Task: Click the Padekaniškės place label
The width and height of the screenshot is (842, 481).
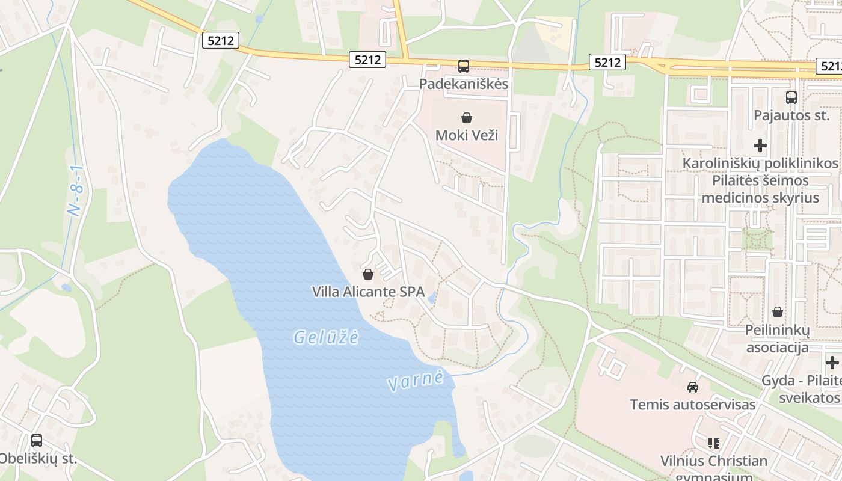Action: coord(464,84)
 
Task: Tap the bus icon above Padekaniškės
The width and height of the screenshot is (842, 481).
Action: coord(463,66)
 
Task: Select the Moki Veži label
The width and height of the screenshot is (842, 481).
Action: coord(467,135)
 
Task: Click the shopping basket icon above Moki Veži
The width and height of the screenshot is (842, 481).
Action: coord(466,118)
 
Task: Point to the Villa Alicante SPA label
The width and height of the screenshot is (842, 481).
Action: coord(368,292)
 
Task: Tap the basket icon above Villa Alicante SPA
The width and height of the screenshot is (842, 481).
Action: coord(368,274)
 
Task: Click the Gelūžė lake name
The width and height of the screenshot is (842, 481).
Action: coord(326,337)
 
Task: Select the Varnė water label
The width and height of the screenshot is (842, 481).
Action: coord(416,381)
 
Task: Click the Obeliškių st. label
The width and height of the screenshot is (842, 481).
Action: coord(37,458)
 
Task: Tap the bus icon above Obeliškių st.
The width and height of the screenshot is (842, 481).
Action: coord(37,441)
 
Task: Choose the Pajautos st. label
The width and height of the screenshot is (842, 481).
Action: coord(791,115)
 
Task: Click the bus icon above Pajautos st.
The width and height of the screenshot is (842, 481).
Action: coord(791,97)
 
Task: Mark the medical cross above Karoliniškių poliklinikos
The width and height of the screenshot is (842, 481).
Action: coord(760,146)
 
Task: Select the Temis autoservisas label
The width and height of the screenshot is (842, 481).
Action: coord(693,405)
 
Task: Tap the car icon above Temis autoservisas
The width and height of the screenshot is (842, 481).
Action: coord(693,387)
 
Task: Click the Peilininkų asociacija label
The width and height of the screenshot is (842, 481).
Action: coord(778,339)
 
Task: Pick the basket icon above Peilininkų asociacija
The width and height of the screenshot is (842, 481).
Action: coord(778,312)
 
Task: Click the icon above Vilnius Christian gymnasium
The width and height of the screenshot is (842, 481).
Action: coord(714,443)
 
